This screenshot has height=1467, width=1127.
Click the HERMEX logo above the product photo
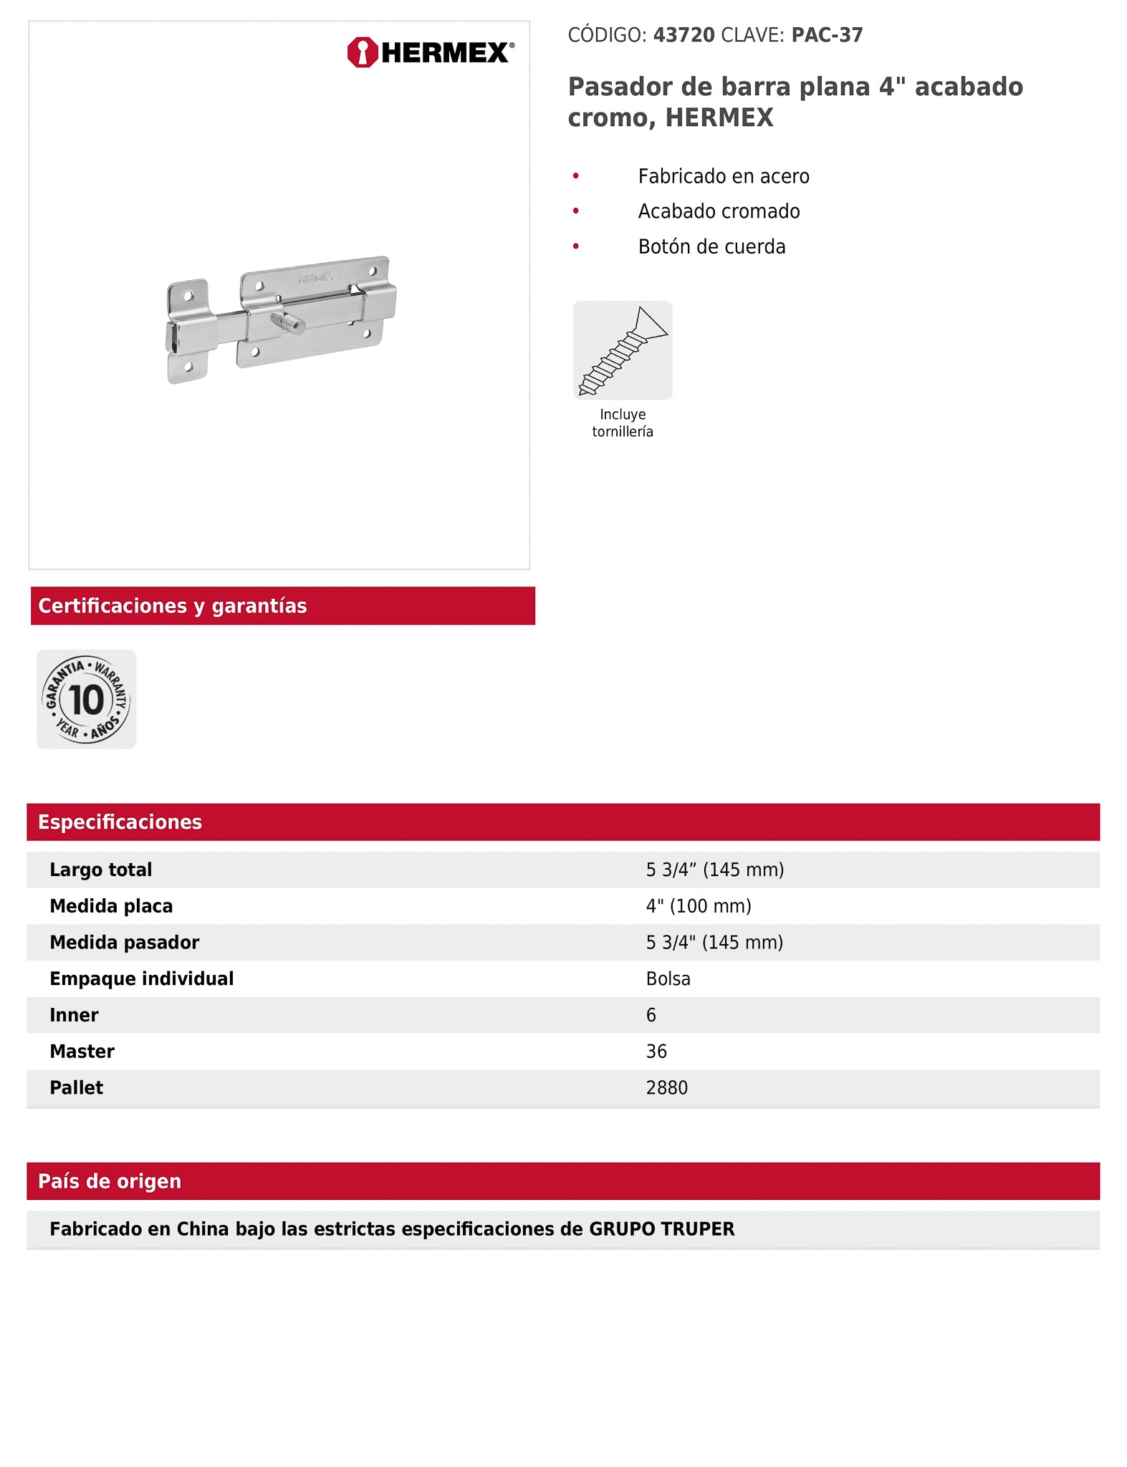pos(430,52)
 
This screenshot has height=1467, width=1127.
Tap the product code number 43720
pos(684,35)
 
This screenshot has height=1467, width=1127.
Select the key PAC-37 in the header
pos(827,35)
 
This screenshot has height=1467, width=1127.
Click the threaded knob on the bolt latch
pos(288,322)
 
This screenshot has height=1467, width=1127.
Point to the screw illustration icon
pos(623,350)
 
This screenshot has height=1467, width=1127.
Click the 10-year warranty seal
pos(87,699)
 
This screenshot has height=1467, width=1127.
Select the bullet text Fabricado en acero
pos(724,176)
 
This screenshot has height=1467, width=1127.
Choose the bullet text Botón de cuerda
pos(711,246)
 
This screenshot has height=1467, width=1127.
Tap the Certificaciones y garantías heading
pos(173,606)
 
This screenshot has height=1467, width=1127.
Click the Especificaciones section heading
pos(120,822)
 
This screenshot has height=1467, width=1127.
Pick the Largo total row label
pos(101,870)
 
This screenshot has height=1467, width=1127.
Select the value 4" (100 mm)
pos(699,906)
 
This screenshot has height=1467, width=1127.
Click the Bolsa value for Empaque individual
pos(668,978)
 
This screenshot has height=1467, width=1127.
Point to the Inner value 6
pos(651,1015)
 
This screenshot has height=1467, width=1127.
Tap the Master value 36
pos(656,1052)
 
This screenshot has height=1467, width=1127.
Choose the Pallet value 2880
pos(666,1088)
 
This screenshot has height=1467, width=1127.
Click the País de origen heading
pos(110,1181)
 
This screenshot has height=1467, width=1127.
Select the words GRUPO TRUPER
pos(661,1229)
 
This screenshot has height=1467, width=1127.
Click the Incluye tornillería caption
pos(623,423)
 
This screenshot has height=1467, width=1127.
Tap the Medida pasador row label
pos(125,943)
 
